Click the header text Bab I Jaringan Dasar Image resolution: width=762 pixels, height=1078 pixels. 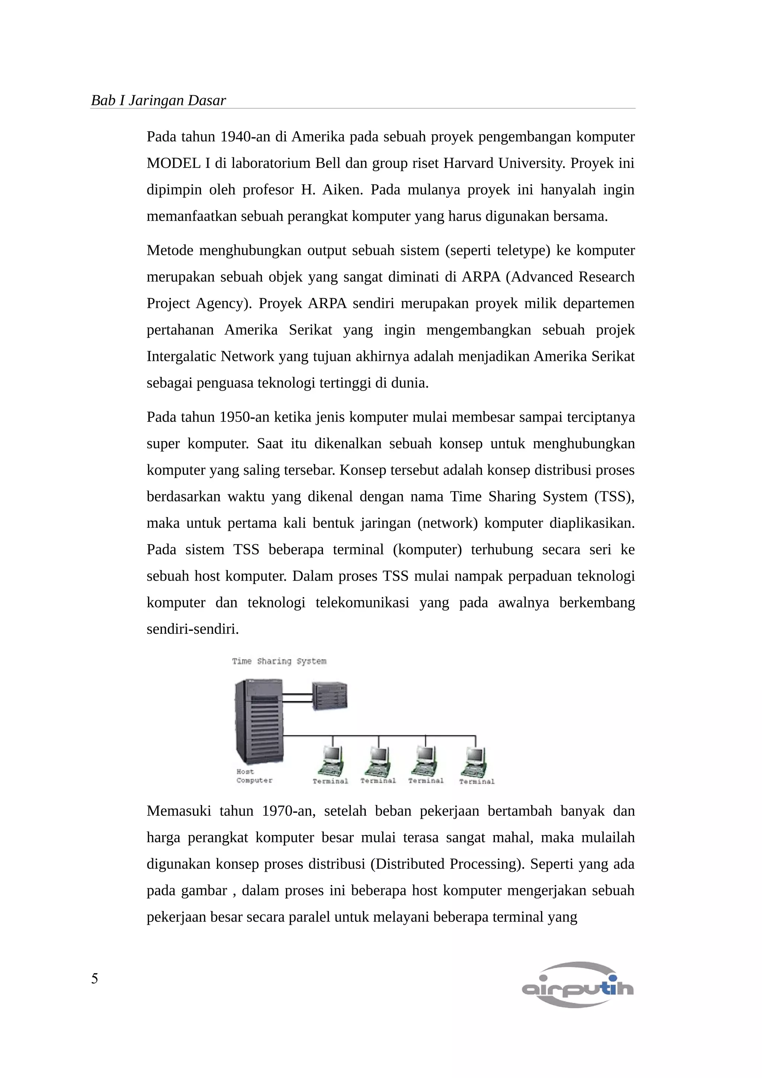pyautogui.click(x=158, y=100)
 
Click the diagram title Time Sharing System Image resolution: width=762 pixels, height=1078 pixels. pyautogui.click(x=279, y=661)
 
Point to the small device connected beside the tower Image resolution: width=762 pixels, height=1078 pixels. pyautogui.click(x=330, y=696)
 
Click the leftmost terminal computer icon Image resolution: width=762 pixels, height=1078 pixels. pyautogui.click(x=332, y=760)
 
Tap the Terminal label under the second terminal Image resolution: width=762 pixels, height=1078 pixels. pyautogui.click(x=378, y=780)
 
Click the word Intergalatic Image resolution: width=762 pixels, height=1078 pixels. pyautogui.click(x=181, y=356)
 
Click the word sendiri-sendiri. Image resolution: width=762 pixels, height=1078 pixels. pyautogui.click(x=192, y=629)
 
